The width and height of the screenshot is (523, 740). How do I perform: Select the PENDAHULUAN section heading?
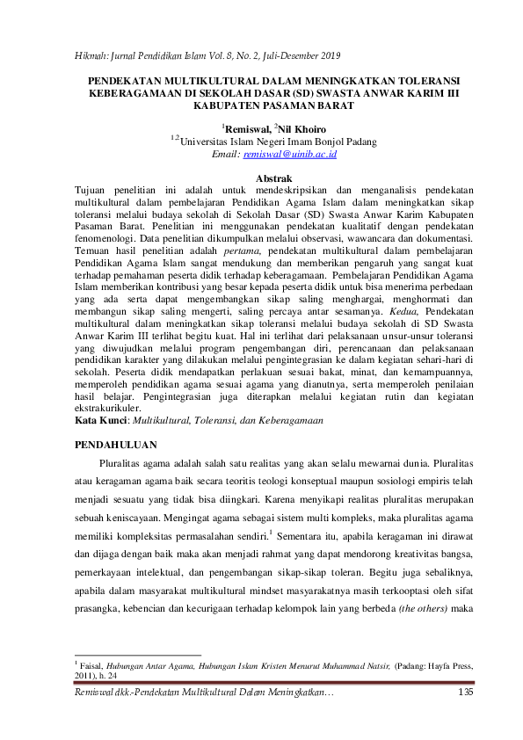click(118, 446)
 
